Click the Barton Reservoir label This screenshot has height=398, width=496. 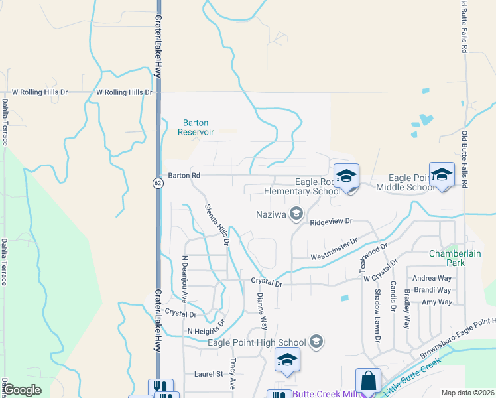[196, 127]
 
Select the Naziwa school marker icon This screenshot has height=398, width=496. [296, 213]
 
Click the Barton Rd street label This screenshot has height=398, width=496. [184, 176]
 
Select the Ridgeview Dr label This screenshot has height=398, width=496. [330, 222]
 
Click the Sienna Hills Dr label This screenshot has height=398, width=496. [216, 225]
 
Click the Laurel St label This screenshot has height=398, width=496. [208, 374]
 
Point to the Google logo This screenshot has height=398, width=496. [22, 390]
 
